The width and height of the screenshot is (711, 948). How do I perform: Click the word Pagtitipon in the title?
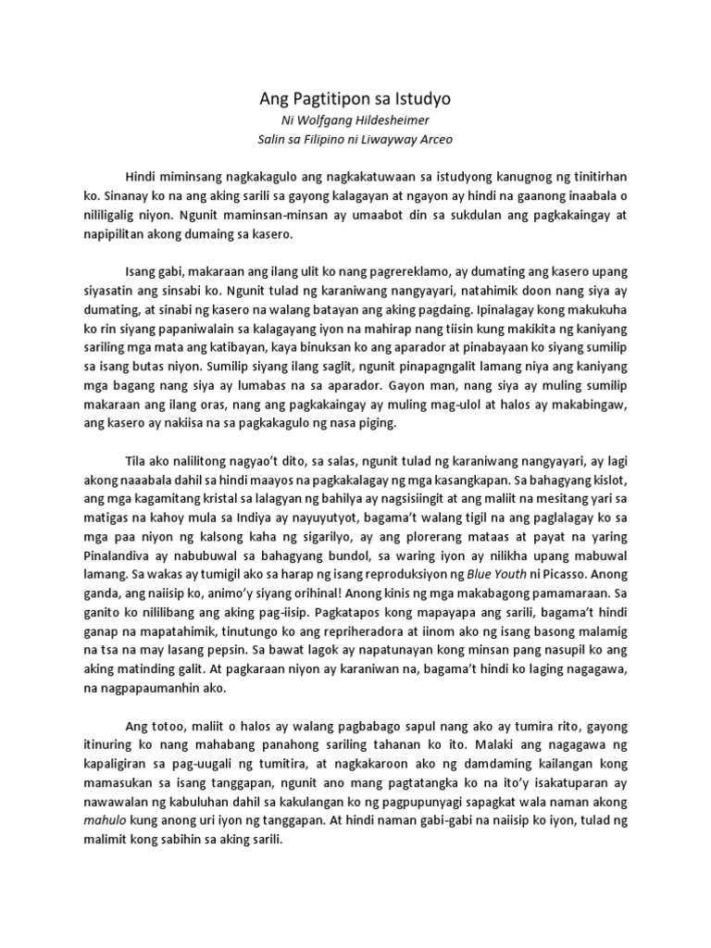click(x=332, y=97)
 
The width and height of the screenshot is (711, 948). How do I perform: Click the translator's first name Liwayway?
click(x=390, y=139)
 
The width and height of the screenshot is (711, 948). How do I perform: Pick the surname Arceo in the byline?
click(x=435, y=139)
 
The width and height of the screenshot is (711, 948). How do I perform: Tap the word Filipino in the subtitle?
click(x=326, y=139)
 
